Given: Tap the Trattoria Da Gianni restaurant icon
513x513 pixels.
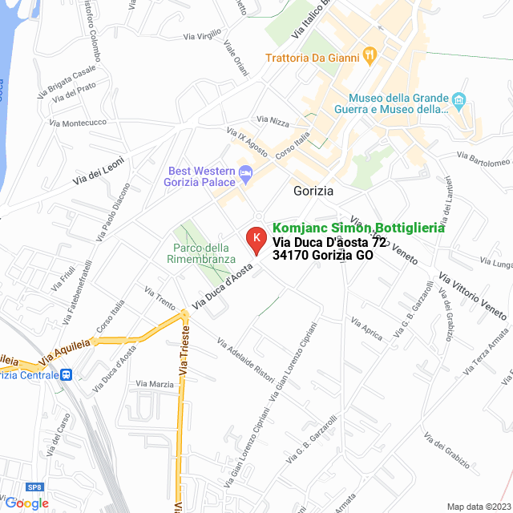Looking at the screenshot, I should [x=370, y=55].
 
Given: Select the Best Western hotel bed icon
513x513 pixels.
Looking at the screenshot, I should [x=247, y=172].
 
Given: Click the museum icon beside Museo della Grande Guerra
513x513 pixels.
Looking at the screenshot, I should [x=458, y=101].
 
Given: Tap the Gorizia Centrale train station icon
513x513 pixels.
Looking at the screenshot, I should [x=67, y=374].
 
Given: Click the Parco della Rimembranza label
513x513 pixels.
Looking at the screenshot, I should [x=201, y=253].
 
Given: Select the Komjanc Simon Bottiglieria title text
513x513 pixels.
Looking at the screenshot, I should [x=359, y=228].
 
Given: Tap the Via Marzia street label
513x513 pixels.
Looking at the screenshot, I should [x=155, y=384].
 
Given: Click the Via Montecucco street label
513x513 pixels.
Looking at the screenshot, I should [x=78, y=123].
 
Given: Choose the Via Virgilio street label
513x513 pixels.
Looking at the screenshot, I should [x=202, y=35].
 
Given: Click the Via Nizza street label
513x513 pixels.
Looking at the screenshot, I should [x=274, y=122].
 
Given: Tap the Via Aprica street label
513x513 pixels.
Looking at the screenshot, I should [x=366, y=327].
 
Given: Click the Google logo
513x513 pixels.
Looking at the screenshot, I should [x=26, y=503].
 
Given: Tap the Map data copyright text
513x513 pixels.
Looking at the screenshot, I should [x=478, y=507].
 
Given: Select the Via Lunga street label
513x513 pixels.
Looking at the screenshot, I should [x=495, y=262].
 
